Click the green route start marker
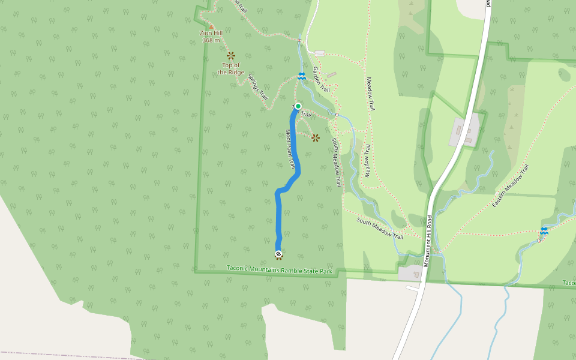coord(298,106)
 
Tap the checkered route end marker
coord(279,254)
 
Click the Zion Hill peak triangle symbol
coord(211,26)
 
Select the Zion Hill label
coord(211,34)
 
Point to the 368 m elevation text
coord(211,40)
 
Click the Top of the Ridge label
coord(231,68)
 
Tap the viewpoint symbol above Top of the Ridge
coord(231,56)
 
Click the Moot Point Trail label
coord(290,148)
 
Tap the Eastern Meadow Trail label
coord(511,186)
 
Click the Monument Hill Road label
coord(428,240)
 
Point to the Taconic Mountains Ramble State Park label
coord(280,270)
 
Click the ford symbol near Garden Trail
coord(302,76)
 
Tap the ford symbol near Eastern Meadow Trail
coord(544,231)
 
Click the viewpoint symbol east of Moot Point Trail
coord(316,137)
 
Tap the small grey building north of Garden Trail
coord(319,53)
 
